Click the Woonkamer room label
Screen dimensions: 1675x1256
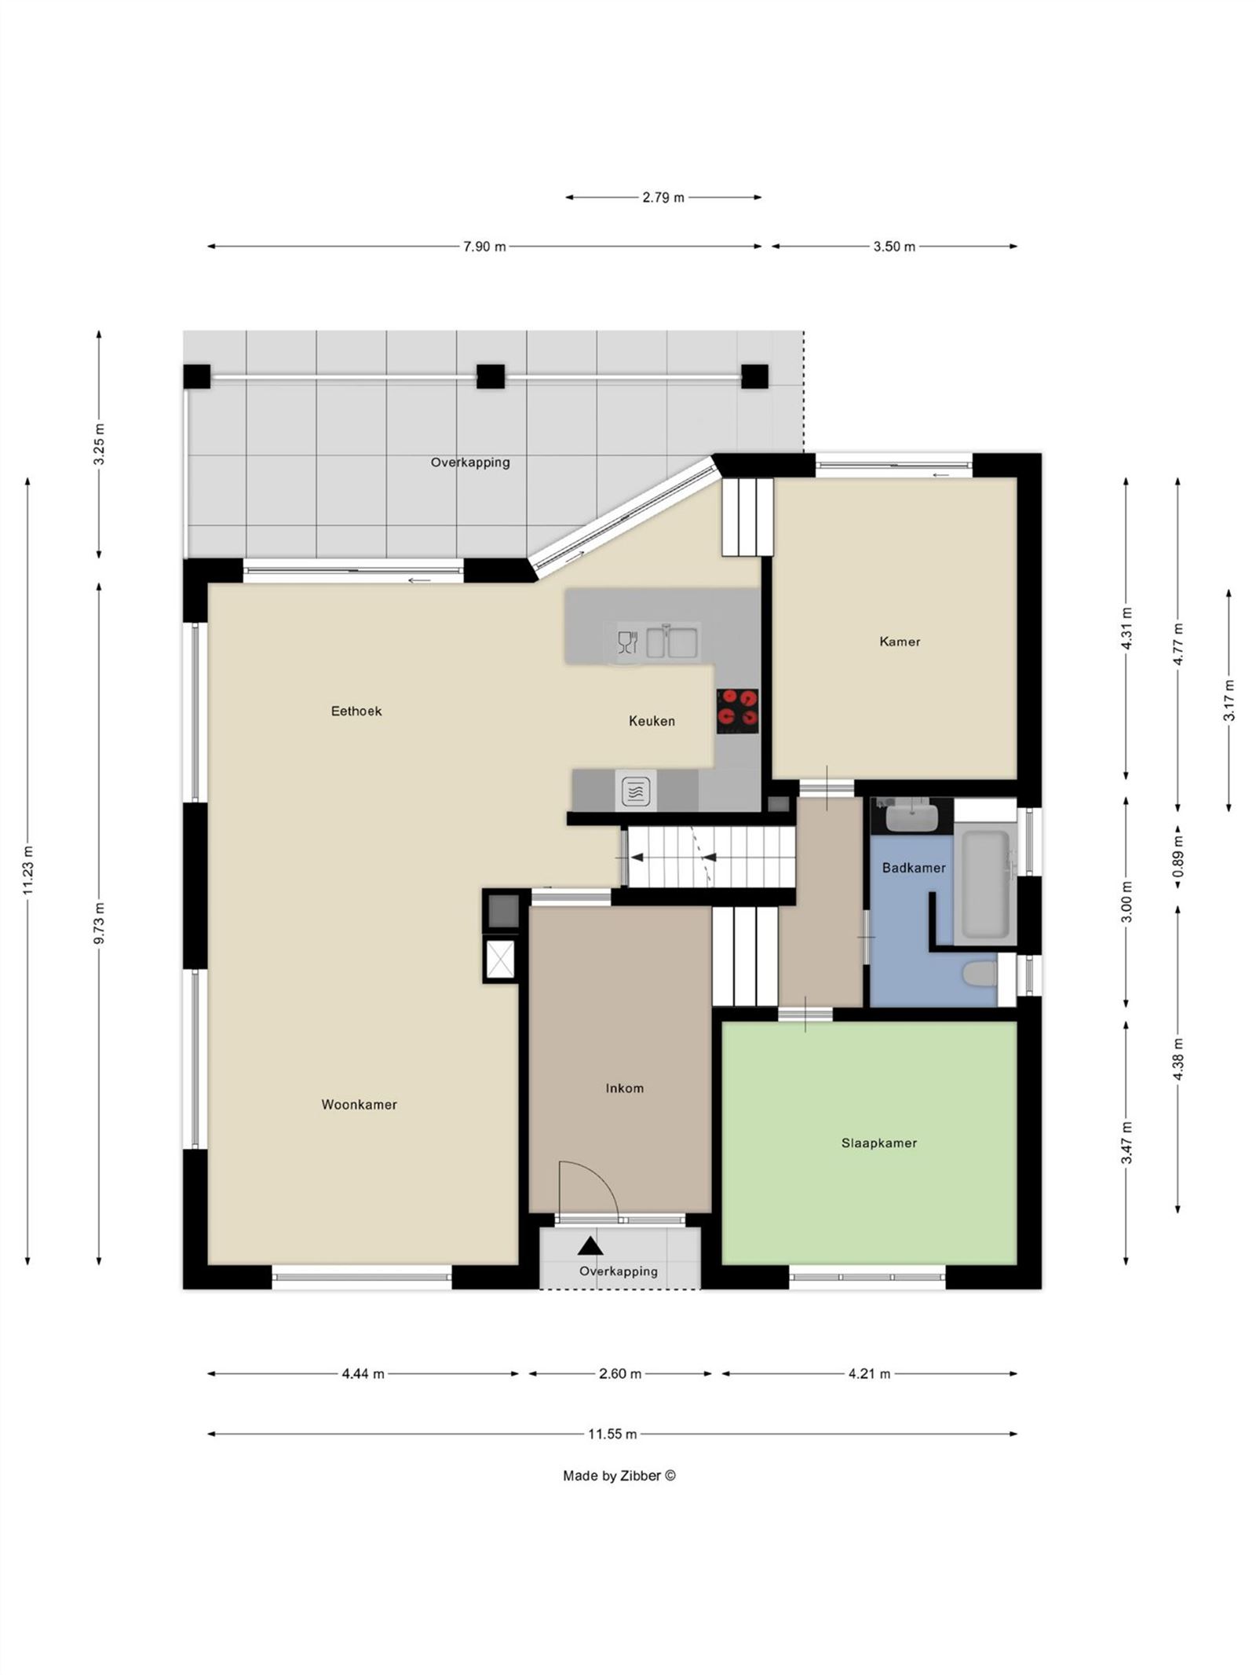(x=359, y=1104)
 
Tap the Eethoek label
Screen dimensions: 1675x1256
(x=356, y=711)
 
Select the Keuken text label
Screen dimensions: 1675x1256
(x=652, y=721)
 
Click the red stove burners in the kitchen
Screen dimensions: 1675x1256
(x=737, y=706)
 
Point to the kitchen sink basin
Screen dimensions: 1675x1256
(x=672, y=641)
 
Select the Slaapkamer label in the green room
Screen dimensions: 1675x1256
(x=878, y=1143)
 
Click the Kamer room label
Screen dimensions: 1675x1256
(x=900, y=642)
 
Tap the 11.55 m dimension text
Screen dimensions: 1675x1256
(x=612, y=1434)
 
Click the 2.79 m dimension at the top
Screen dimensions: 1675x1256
(x=663, y=197)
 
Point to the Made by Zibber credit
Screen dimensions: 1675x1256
(x=619, y=1476)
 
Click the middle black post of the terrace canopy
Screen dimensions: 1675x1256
(x=491, y=377)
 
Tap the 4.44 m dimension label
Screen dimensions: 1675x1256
(x=363, y=1373)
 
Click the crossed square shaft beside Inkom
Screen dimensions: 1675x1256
(x=501, y=959)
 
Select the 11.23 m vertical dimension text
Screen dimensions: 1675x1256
(x=28, y=869)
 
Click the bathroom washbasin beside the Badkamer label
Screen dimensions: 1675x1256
(x=911, y=817)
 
